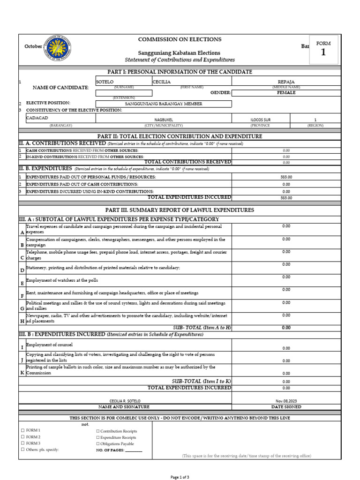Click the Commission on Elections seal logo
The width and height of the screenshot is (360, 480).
58,48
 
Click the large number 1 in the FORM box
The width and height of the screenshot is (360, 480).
323,52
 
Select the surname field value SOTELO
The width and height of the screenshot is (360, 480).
105,81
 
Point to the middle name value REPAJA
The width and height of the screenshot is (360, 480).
286,81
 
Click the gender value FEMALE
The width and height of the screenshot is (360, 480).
285,93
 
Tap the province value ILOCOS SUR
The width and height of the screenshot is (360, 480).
260,120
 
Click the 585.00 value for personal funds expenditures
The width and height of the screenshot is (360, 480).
286,177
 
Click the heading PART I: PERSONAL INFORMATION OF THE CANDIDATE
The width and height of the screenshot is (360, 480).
180,72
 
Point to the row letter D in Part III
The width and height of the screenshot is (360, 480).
22,270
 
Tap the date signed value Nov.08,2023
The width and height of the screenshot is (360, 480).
286,401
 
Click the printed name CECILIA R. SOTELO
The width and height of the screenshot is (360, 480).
125,401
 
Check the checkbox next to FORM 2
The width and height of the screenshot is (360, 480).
22,437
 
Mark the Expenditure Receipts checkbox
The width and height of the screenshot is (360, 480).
97,437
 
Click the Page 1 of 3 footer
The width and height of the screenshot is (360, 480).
180,477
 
